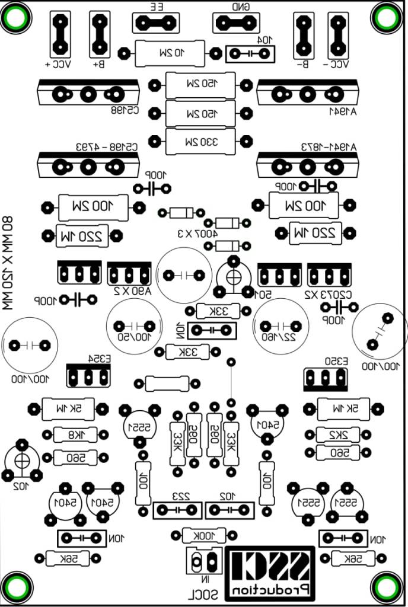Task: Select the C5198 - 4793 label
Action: click(x=107, y=146)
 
